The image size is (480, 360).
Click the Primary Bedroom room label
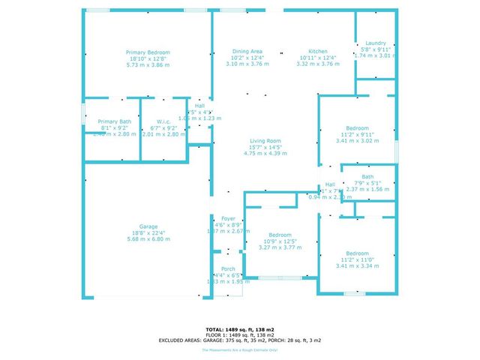click(148, 52)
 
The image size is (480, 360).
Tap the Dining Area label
click(247, 52)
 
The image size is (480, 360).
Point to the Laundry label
click(375, 43)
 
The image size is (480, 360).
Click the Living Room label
click(265, 141)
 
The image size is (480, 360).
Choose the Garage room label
click(148, 226)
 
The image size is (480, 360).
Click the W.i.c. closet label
click(164, 121)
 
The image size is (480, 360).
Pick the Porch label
click(227, 269)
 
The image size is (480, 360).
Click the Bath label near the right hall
click(367, 177)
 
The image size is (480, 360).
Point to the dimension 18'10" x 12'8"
click(148, 58)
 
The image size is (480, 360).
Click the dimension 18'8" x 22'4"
click(148, 232)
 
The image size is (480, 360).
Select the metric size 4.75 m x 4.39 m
click(265, 153)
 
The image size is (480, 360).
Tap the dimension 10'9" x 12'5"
click(280, 241)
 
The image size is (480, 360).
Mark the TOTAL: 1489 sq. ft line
click(240, 329)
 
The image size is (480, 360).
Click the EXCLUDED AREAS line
click(240, 340)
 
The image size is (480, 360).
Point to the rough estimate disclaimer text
click(240, 350)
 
